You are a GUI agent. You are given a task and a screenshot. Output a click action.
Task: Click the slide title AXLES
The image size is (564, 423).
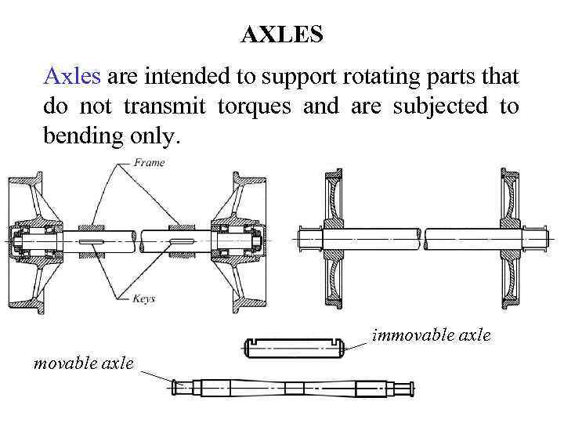point(281,34)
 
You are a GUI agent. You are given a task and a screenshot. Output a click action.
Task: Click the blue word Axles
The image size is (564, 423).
point(72,77)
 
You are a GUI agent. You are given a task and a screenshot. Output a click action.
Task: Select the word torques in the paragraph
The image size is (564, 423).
point(255,107)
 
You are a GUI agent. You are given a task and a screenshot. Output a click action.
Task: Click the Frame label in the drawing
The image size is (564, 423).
point(149,163)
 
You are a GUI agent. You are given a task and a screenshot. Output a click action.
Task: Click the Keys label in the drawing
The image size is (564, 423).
point(144,298)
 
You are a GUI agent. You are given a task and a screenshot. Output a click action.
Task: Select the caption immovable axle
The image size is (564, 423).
point(431,335)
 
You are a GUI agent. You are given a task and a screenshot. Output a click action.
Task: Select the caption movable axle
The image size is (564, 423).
point(83,363)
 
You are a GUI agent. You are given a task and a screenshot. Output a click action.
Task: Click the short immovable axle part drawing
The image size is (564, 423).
point(296,347)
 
